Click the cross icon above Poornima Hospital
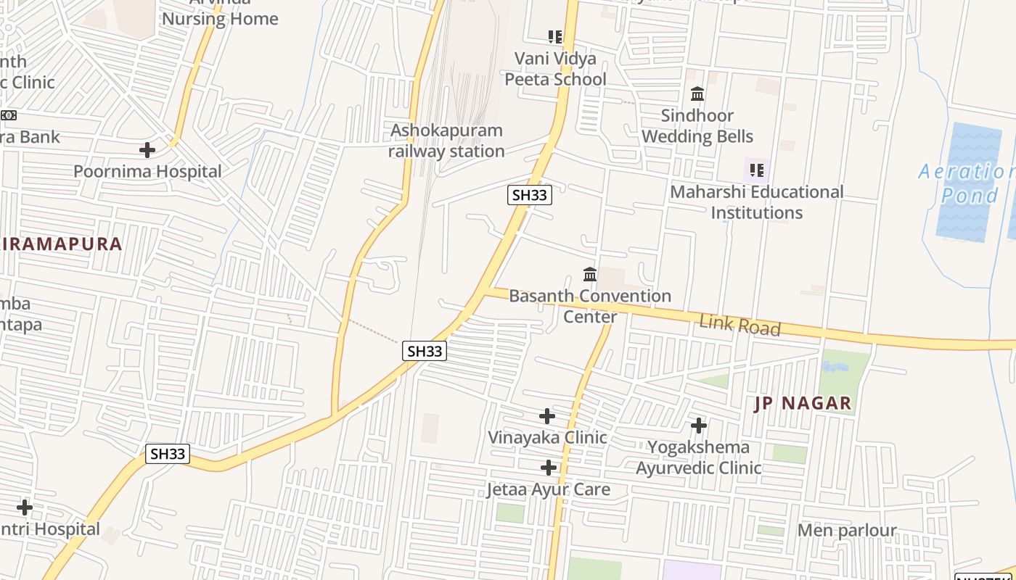[x=147, y=150]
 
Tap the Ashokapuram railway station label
[x=446, y=141]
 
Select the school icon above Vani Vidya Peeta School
[x=555, y=37]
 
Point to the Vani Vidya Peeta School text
[x=555, y=69]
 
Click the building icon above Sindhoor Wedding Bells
[x=697, y=94]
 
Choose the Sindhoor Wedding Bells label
[x=697, y=126]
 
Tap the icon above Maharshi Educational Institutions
[x=756, y=171]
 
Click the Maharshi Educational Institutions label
[x=756, y=202]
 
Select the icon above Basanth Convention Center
[x=590, y=275]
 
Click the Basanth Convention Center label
[x=590, y=306]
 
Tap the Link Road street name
[x=740, y=326]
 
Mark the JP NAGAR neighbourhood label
[x=803, y=404]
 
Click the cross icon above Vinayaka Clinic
[x=547, y=416]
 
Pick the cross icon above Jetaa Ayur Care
[x=549, y=468]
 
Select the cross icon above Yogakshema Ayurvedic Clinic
[x=699, y=426]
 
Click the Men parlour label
[x=847, y=531]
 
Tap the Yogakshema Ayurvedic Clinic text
[x=699, y=457]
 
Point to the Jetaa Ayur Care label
[x=548, y=490]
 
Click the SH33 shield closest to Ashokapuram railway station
[x=529, y=195]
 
